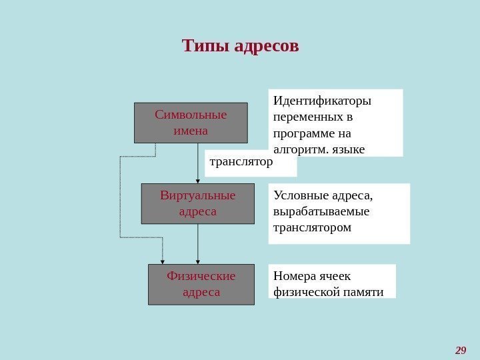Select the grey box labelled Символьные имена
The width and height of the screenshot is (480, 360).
coord(191,122)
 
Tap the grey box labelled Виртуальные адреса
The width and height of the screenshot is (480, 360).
coord(198,203)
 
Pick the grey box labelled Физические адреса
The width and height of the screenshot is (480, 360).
coord(201,284)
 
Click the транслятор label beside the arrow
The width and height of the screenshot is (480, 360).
coord(241,161)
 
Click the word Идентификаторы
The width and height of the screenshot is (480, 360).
coord(322,101)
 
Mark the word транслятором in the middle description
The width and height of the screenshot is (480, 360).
coord(311,227)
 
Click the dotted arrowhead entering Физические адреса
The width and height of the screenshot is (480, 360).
coord(163,261)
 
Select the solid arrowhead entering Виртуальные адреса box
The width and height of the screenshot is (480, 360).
coord(198,180)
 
